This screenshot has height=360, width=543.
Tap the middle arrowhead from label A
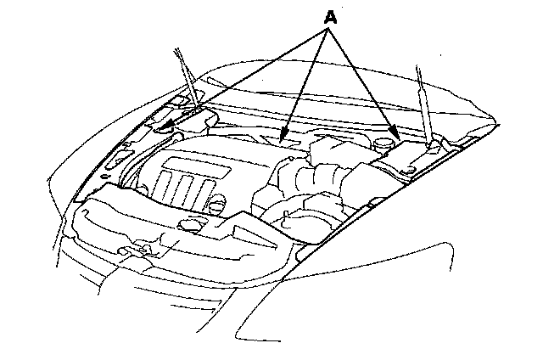(286, 136)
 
